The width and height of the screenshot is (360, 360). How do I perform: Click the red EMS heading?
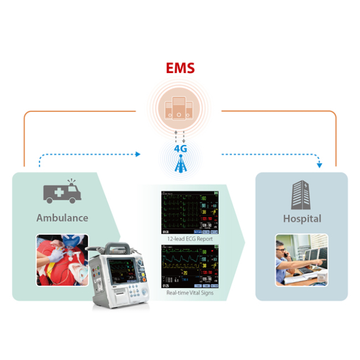[x=180, y=69]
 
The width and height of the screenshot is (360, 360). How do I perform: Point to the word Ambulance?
[x=62, y=218]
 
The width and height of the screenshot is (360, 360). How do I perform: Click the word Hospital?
[x=302, y=218]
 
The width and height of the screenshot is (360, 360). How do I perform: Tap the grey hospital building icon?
[x=302, y=193]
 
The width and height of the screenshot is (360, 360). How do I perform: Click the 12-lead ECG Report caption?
[x=190, y=239]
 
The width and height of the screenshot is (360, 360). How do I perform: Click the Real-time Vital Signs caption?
[x=190, y=292]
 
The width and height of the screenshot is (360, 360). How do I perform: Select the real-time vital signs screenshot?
[x=190, y=266]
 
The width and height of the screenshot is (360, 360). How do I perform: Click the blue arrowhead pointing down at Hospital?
[x=319, y=165]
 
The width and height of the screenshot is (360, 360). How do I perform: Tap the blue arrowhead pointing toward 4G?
[x=137, y=154]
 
